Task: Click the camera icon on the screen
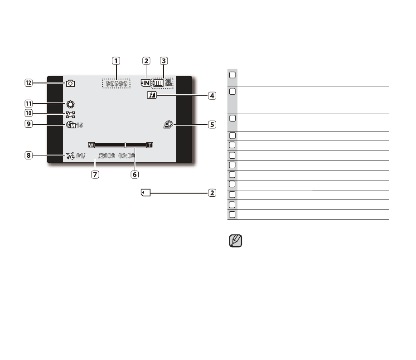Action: (x=70, y=83)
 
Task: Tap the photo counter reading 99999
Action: (x=116, y=83)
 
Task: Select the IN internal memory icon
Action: (x=145, y=83)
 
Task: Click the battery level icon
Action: (x=158, y=83)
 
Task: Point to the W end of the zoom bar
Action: (x=91, y=145)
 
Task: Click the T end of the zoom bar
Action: (x=150, y=145)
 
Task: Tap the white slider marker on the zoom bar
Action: (x=125, y=145)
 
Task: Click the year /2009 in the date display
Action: (x=106, y=156)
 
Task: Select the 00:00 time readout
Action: (x=126, y=156)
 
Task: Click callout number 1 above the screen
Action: (x=116, y=61)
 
